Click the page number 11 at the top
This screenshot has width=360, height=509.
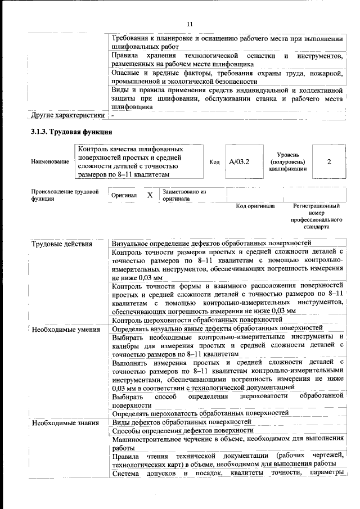190,24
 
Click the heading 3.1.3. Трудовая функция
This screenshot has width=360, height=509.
72,132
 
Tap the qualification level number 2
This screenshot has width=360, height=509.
328,162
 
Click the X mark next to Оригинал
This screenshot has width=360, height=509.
150,195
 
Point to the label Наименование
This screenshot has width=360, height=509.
50,162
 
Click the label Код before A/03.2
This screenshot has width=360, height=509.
214,162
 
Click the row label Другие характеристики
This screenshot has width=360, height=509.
67,116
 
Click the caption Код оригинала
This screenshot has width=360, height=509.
255,206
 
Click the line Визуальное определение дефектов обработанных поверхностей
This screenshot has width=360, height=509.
211,244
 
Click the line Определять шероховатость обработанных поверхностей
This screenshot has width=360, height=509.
200,413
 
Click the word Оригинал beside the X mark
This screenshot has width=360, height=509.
124,195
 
